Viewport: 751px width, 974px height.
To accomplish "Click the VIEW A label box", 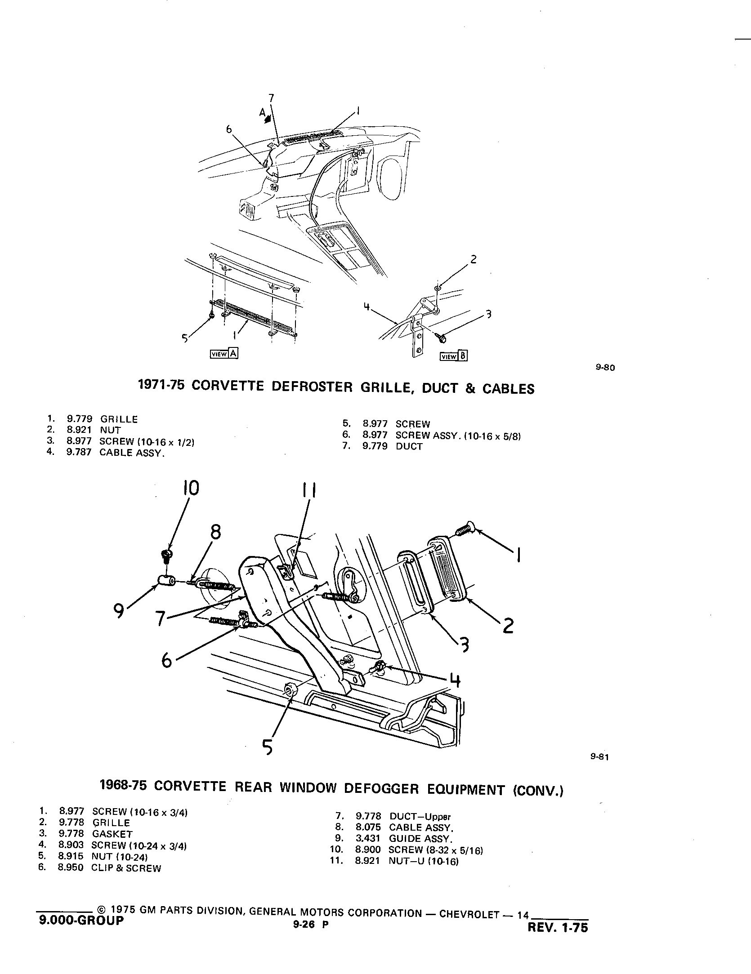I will pos(224,354).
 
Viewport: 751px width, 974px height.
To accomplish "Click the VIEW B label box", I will pos(454,356).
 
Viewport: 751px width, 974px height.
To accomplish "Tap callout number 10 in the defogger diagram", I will pos(191,488).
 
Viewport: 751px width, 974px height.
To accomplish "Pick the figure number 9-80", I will pos(605,367).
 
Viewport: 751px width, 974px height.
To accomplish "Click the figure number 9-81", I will pos(600,756).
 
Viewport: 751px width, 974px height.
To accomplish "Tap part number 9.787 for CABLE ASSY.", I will pos(79,452).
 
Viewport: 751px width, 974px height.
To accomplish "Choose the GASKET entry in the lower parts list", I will pos(112,834).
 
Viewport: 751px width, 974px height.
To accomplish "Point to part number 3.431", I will pos(368,838).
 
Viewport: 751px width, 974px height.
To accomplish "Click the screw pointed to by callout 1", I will pos(465,529).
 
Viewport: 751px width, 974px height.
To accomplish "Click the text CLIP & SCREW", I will pos(126,868).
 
